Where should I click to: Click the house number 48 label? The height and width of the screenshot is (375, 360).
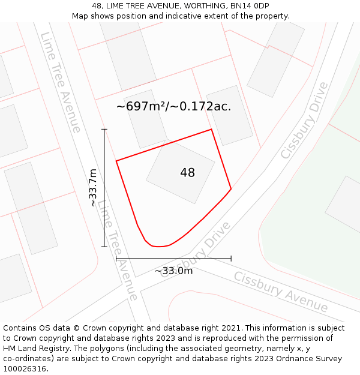coord(187,173)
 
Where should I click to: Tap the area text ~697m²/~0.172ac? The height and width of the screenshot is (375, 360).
coord(173,106)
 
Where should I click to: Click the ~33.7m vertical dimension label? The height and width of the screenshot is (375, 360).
coord(92,187)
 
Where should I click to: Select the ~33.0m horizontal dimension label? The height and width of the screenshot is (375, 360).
coord(173,271)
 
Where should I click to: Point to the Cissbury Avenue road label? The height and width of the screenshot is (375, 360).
coord(280,292)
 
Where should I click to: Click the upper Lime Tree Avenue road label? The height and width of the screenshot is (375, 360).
coord(60,82)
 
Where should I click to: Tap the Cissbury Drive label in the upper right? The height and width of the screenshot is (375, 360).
coord(305,121)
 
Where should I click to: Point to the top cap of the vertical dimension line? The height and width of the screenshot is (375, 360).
coord(104,129)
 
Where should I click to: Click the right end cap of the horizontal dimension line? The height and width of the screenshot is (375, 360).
coord(231,258)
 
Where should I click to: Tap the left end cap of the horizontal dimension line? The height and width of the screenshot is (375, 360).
coord(116,258)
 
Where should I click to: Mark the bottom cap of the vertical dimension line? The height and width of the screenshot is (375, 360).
coord(104,247)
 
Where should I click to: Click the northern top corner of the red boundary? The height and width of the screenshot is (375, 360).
coord(211,129)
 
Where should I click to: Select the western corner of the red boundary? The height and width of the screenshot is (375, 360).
coord(116,160)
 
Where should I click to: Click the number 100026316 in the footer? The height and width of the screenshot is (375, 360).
coord(25,369)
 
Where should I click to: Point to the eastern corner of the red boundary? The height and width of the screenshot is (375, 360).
coord(231,189)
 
